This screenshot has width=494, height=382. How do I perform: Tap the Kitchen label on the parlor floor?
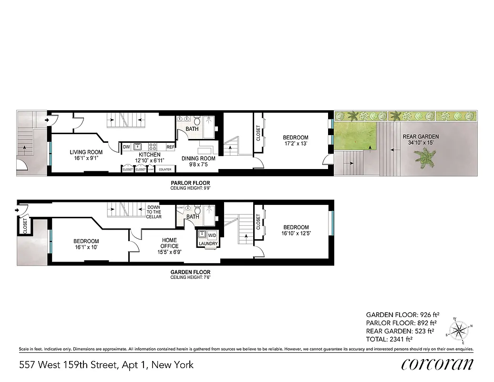click(x=149, y=155)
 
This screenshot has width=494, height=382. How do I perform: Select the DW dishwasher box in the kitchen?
click(x=126, y=147)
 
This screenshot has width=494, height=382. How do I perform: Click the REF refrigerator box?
click(x=170, y=147)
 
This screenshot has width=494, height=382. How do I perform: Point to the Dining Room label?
click(x=198, y=159)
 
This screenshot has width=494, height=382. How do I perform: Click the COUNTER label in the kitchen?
click(x=165, y=170)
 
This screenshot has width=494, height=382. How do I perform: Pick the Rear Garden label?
click(x=420, y=137)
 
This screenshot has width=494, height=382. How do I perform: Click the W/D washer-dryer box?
click(x=212, y=235)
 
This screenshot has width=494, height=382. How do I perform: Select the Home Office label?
click(x=169, y=240)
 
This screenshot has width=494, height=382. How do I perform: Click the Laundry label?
click(x=208, y=244)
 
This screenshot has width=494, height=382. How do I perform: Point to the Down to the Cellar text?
click(x=154, y=212)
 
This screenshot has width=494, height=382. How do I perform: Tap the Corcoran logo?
click(x=437, y=364)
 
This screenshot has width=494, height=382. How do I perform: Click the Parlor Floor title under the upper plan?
click(x=190, y=183)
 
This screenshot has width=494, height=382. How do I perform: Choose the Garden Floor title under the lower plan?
click(x=190, y=272)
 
